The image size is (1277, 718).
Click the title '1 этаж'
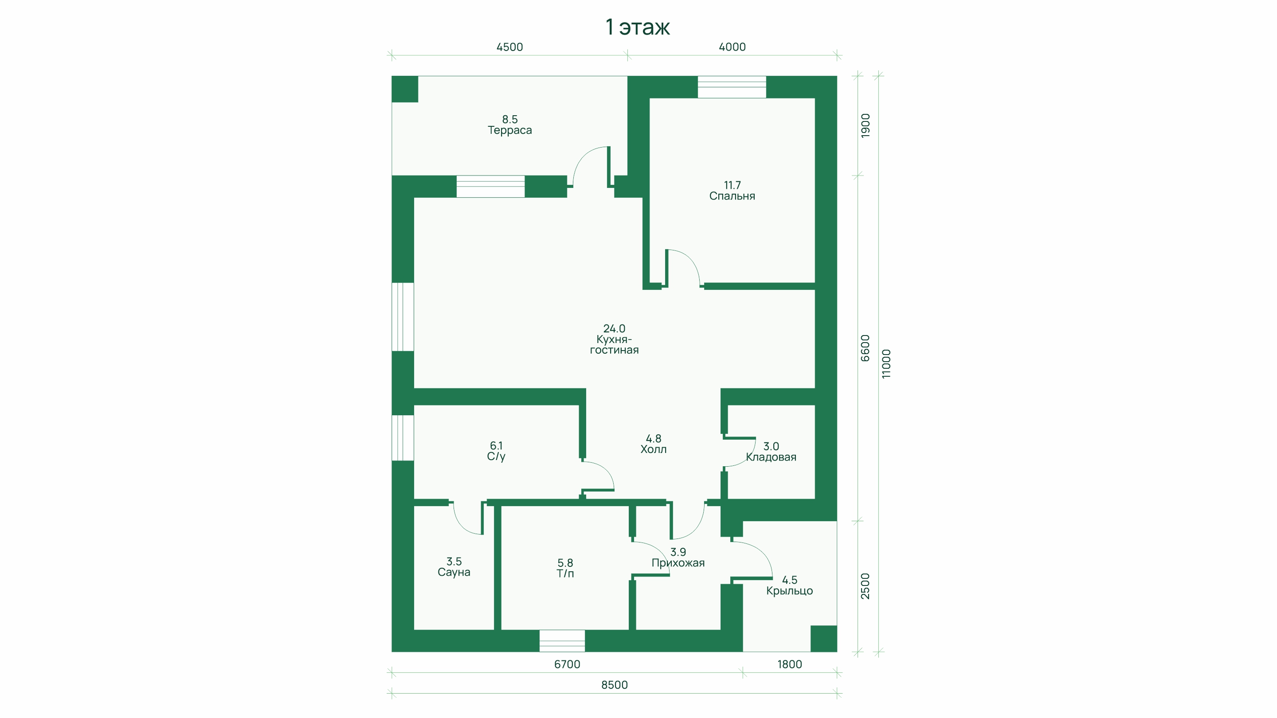point(638,27)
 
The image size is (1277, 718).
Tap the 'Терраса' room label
point(509,130)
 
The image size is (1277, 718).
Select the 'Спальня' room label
point(732,196)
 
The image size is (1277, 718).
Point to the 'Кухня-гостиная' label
point(614,345)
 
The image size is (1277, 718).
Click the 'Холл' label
point(654,449)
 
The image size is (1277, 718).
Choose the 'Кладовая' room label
point(771,457)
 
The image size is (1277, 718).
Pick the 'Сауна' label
point(454,572)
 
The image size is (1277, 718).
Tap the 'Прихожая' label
point(678,563)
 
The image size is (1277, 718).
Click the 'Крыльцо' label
point(789,591)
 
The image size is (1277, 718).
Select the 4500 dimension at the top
point(509,47)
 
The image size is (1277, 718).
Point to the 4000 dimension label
point(732,47)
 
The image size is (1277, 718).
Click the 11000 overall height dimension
point(886,364)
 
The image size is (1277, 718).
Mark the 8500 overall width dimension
point(614,685)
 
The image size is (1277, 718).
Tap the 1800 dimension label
point(789,664)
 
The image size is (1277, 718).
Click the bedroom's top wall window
point(732,87)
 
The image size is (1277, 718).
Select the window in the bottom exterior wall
point(562,641)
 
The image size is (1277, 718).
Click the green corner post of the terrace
point(404,89)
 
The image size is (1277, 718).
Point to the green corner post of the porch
point(823,639)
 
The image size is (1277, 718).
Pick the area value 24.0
point(614,328)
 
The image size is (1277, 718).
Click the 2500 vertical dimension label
point(865,586)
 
